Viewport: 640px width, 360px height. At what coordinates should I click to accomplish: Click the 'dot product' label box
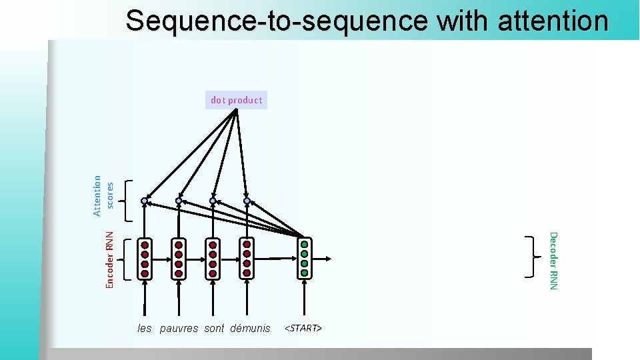[236, 100]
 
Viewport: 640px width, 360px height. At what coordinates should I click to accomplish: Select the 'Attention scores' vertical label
[103, 195]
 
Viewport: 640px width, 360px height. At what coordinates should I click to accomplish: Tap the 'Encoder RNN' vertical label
[110, 259]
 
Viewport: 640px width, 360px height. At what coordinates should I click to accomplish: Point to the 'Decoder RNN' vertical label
[553, 260]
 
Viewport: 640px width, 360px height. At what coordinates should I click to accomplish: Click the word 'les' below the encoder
[145, 328]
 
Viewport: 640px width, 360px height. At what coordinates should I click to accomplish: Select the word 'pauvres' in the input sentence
[179, 328]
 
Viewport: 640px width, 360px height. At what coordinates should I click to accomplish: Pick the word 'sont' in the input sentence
[214, 328]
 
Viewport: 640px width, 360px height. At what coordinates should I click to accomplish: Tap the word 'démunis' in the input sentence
[250, 328]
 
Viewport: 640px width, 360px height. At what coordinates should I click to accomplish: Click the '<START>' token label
[303, 328]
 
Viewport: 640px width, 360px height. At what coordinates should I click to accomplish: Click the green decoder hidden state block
[305, 258]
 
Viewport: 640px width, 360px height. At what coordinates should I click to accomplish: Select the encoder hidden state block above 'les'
[145, 259]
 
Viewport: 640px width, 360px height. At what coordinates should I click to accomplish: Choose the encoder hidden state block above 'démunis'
[247, 259]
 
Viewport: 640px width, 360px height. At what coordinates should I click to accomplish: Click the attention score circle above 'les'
[144, 201]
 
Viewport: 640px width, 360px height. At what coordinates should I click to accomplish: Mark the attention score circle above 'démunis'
[247, 201]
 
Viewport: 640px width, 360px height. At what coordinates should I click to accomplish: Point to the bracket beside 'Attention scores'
[130, 200]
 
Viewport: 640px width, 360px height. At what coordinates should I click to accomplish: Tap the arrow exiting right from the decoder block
[323, 258]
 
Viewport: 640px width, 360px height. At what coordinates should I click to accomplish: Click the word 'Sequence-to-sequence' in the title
[276, 21]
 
